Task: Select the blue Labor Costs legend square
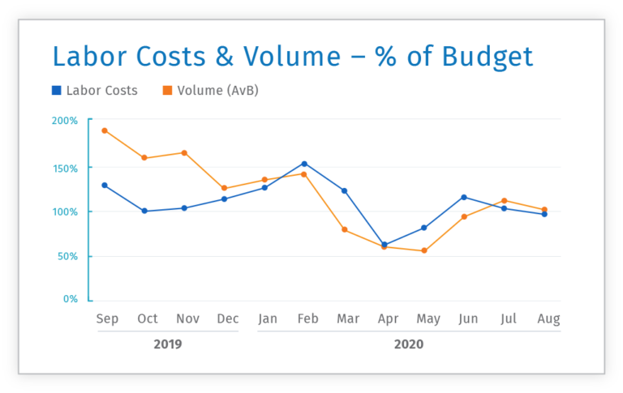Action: [56, 91]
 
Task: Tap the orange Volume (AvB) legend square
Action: [167, 91]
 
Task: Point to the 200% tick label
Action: [65, 121]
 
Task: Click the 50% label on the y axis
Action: [67, 256]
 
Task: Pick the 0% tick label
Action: [71, 299]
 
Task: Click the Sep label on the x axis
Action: [106, 319]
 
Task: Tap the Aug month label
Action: [548, 319]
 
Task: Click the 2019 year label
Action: [168, 344]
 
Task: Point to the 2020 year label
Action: [408, 344]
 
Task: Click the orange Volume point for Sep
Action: [105, 130]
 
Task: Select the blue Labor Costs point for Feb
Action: [304, 164]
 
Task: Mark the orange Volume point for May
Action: [423, 251]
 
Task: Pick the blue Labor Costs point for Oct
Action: [144, 211]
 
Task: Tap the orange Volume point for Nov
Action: [184, 152]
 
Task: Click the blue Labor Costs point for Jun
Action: [464, 197]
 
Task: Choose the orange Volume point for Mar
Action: [344, 230]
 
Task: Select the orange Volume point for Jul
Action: [504, 200]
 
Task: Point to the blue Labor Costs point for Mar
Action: [344, 191]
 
